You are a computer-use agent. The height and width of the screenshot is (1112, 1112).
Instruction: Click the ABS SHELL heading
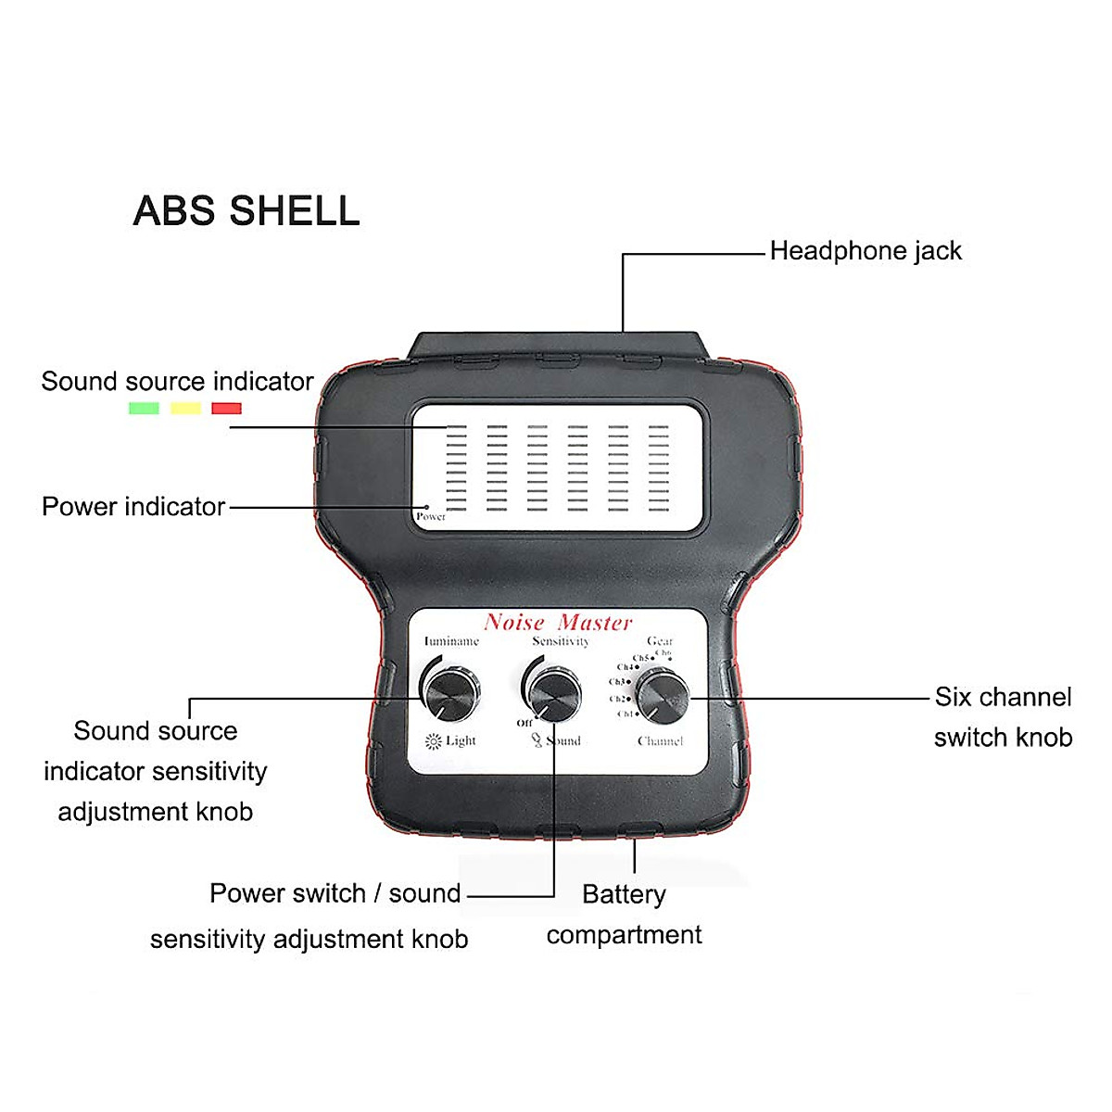pos(246,211)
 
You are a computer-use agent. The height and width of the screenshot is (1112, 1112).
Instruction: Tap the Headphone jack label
pos(866,251)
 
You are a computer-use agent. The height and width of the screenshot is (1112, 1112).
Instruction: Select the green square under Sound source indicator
pos(144,408)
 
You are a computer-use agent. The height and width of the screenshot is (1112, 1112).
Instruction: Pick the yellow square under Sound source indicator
pos(185,408)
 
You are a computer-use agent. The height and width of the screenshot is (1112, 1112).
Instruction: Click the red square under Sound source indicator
pos(226,408)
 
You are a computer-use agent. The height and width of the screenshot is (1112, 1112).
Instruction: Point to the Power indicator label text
pos(133,507)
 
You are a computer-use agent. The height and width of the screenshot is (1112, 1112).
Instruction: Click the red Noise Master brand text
pos(558,623)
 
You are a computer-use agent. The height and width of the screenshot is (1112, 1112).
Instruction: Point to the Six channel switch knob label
pos(1003,717)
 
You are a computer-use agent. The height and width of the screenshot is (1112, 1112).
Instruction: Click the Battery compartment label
pos(624,915)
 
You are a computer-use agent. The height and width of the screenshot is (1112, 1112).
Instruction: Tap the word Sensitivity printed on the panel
pos(561,641)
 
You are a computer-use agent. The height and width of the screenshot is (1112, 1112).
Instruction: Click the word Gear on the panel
pos(660,641)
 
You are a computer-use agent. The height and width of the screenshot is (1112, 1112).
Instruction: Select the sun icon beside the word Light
pos(433,741)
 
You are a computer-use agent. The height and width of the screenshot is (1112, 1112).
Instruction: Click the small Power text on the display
pos(431,517)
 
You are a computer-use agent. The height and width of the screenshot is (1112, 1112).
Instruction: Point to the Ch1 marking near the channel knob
pos(625,714)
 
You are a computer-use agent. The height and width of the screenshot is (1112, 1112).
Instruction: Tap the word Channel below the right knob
pos(660,741)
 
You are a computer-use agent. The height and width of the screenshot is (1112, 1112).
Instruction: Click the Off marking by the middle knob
pos(524,723)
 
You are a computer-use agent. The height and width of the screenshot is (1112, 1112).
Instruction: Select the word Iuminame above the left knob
pos(451,641)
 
